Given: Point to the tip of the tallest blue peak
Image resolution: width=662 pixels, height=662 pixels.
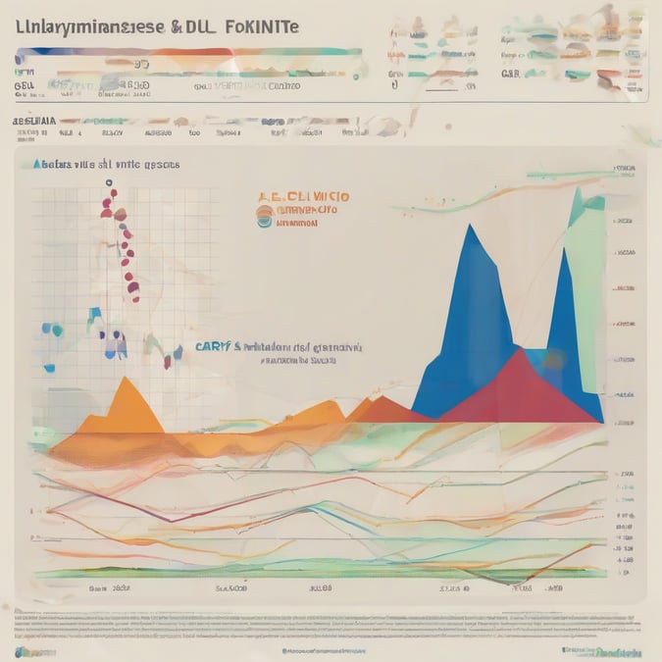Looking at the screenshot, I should pos(471,227).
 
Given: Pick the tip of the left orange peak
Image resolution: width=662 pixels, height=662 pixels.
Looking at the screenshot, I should pos(126,379).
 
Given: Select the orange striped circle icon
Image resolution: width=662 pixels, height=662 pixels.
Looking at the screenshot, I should pos(264,209).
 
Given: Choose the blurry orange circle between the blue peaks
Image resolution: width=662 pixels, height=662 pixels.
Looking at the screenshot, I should pos(554,360).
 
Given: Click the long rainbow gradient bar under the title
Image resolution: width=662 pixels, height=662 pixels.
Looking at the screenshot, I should pos(186,53).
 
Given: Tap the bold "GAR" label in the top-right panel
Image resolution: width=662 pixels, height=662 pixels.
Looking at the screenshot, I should pos(511,73).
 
